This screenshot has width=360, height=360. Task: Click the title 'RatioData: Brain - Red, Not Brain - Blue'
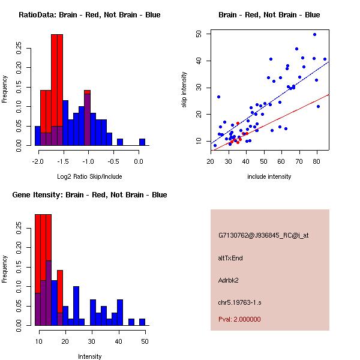89,15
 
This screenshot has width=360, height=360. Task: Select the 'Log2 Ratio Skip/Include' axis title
89,176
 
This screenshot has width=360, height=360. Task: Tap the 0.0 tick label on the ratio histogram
139,161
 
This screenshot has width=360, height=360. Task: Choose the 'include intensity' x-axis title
269,176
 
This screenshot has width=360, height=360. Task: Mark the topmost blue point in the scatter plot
314,35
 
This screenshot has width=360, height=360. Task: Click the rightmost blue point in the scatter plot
325,59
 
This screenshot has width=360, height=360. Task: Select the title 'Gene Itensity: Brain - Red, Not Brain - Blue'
89,195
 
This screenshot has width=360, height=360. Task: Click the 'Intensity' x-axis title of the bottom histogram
90,356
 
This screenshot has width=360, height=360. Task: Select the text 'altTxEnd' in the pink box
230,258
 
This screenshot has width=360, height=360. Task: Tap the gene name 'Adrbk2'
229,280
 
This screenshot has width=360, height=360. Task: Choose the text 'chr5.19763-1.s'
236,302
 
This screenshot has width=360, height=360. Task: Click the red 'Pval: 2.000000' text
239,319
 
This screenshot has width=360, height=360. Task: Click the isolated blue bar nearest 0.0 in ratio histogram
142,142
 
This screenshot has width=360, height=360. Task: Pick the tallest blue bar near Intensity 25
76,306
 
